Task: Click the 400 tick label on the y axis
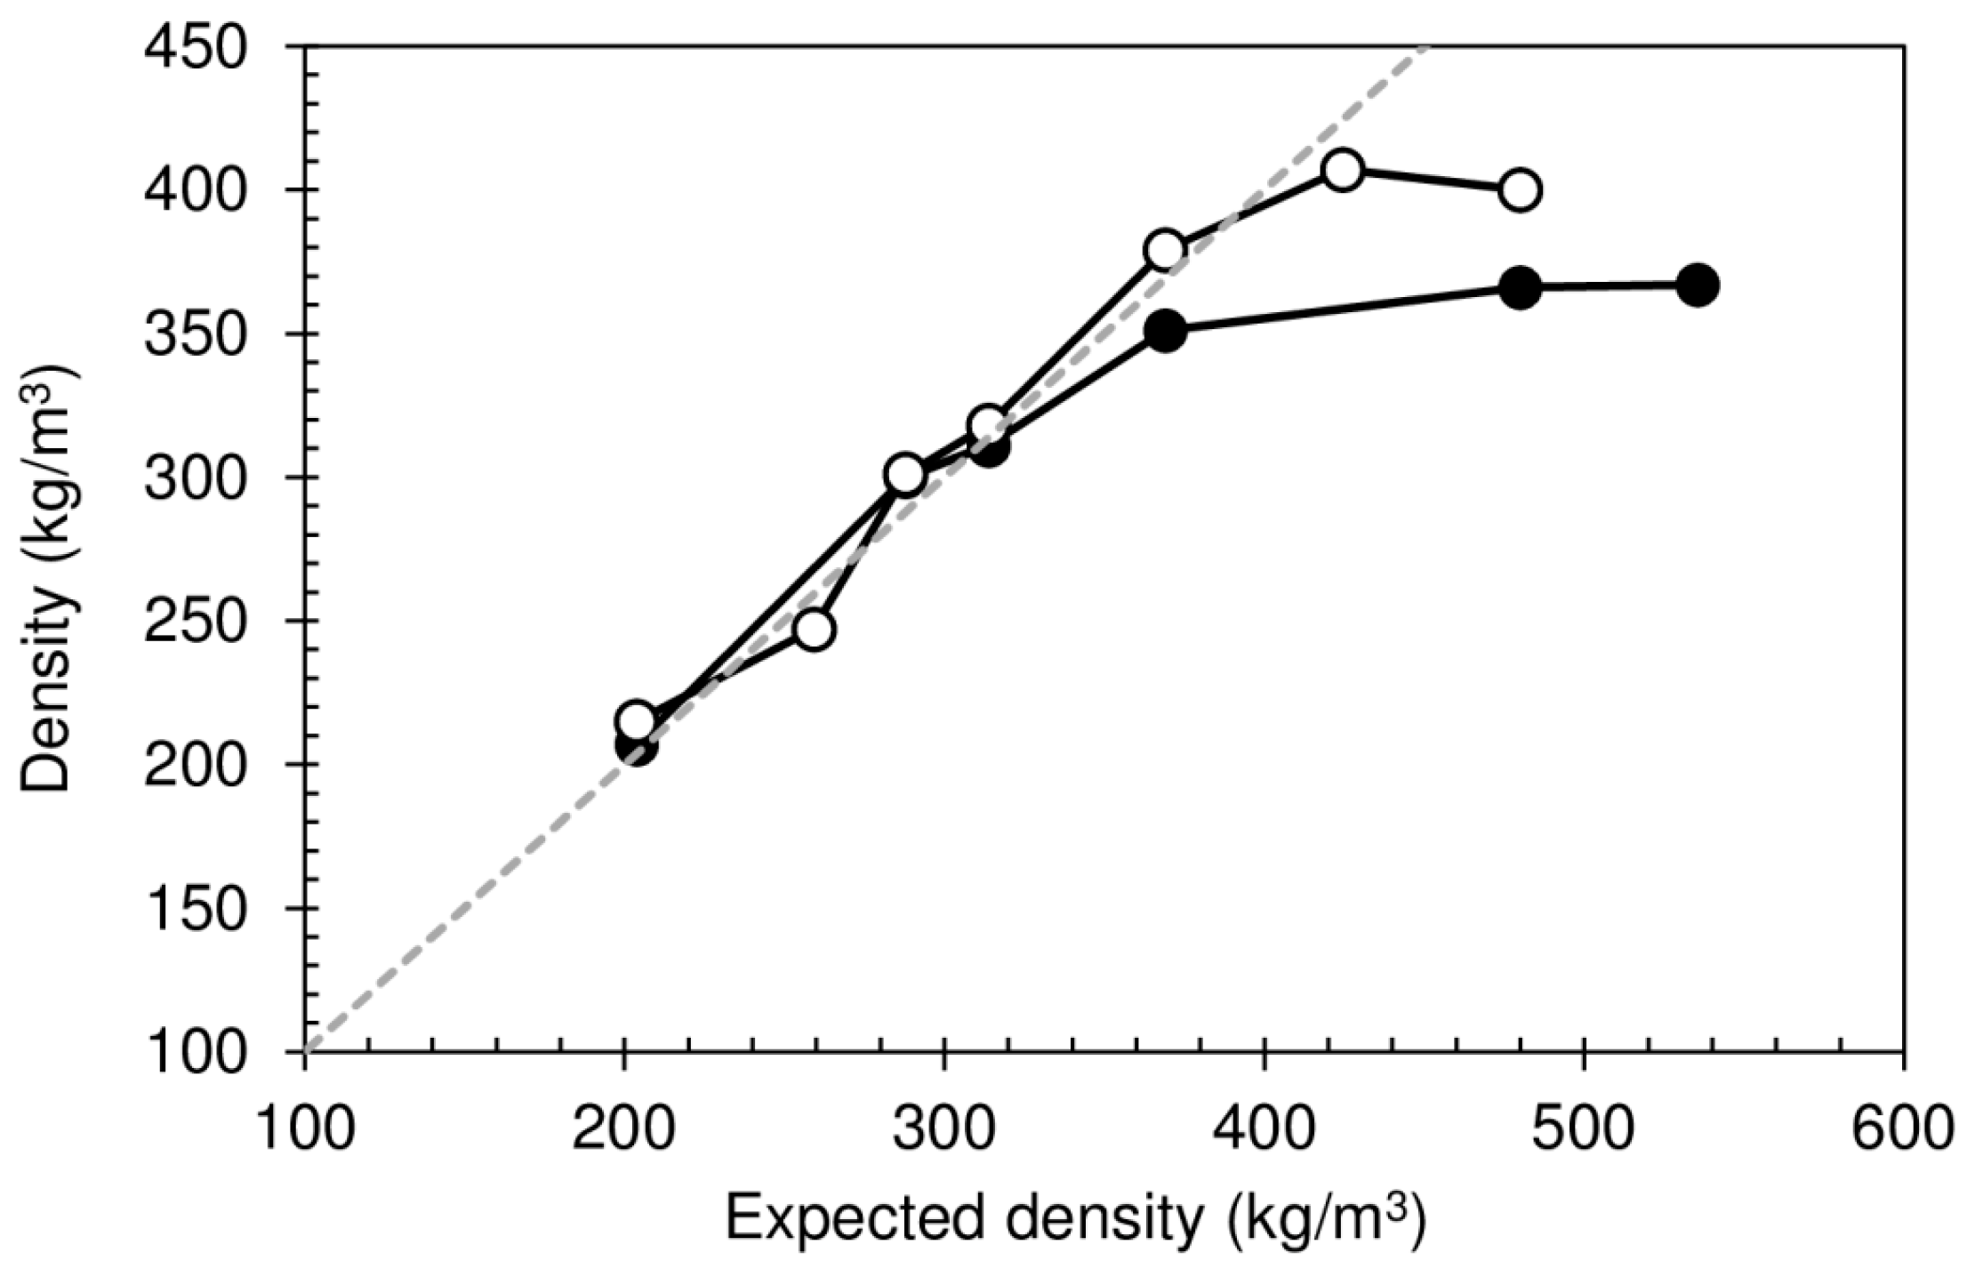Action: click(x=195, y=190)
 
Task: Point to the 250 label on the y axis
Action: click(x=195, y=621)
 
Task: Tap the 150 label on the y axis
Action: click(x=195, y=908)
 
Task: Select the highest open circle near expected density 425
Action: click(x=1343, y=170)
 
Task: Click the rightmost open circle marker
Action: click(x=1520, y=189)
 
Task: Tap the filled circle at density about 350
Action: click(x=1165, y=331)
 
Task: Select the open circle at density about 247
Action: click(x=815, y=630)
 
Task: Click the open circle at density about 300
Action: click(x=905, y=476)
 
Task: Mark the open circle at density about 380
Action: click(x=1165, y=250)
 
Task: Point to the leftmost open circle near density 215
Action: click(x=637, y=720)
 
